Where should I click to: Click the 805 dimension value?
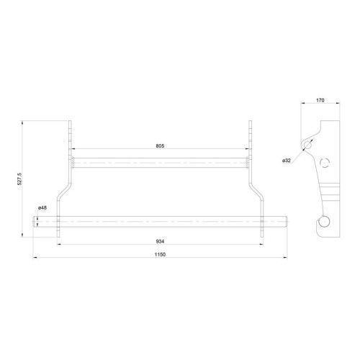(x=160, y=145)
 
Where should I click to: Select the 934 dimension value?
(x=160, y=241)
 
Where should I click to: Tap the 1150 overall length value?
(x=160, y=254)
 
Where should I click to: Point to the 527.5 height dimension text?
(x=19, y=179)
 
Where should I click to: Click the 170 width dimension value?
(x=320, y=100)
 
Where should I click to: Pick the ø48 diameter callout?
(x=42, y=208)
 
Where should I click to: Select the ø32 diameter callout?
(x=287, y=161)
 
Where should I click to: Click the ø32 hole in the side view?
(x=307, y=145)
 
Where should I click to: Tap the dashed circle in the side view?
(x=325, y=163)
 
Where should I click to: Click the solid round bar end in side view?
(x=324, y=221)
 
